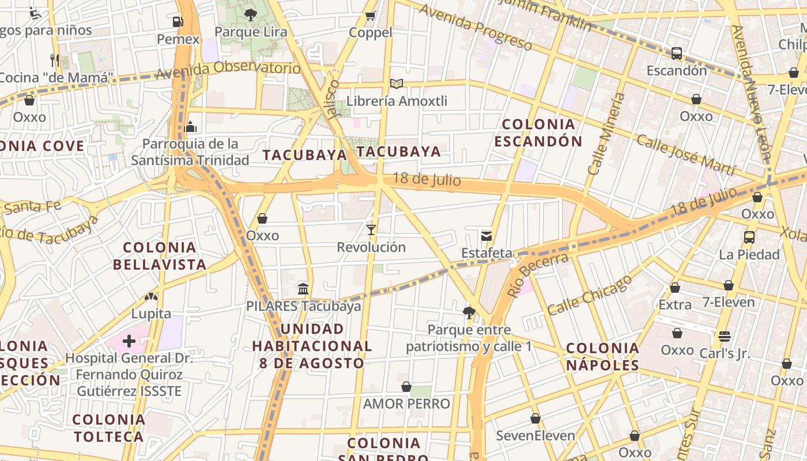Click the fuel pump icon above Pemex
pos(178,22)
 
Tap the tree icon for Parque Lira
pos(250,14)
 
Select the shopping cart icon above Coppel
pos(371,16)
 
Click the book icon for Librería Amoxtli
pos(396,84)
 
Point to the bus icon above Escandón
pos(677,54)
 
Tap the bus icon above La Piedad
pos(749,237)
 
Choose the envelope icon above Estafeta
pos(487,235)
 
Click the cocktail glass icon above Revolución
pos(371,230)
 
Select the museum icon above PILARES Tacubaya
pos(303,289)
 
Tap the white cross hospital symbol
pos(129,341)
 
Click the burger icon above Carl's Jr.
pos(725,336)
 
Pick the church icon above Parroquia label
pos(190,126)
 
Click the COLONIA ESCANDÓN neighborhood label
pos(538,133)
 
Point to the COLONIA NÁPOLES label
pos(602,356)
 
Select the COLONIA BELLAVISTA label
pos(160,256)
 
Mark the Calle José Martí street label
pos(686,154)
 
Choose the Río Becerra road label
pos(538,275)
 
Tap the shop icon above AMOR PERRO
pos(406,387)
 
